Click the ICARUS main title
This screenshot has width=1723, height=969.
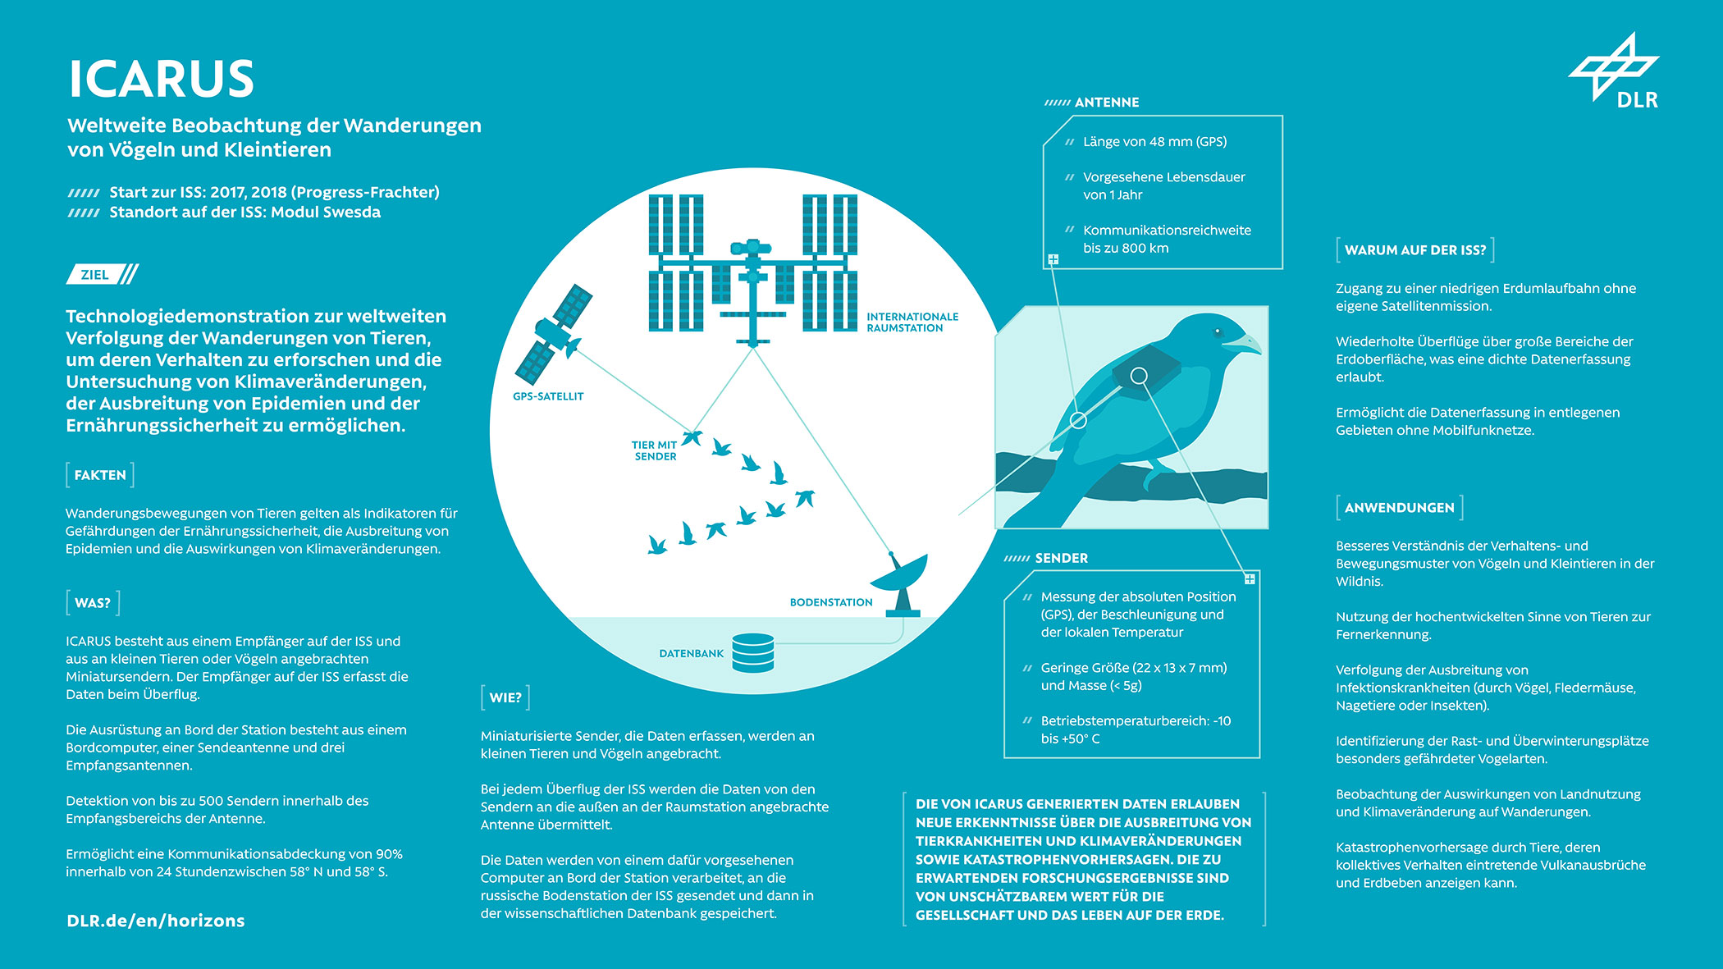[x=161, y=79]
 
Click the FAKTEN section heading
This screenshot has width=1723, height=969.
[x=100, y=475]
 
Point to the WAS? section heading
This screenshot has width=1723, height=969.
[x=93, y=603]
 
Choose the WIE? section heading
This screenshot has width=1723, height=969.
[x=505, y=697]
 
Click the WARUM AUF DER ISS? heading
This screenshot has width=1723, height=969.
[x=1415, y=250]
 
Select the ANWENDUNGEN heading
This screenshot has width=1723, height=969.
[x=1399, y=508]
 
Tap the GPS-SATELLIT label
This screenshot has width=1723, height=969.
[x=548, y=396]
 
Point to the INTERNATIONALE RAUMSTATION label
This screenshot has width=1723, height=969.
[x=912, y=322]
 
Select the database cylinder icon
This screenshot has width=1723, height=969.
[x=753, y=653]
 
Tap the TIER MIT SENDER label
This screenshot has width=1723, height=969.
[x=655, y=450]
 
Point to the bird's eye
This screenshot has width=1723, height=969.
[x=1218, y=333]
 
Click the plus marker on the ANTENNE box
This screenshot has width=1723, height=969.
[x=1053, y=259]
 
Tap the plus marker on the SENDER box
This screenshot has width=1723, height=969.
[x=1250, y=579]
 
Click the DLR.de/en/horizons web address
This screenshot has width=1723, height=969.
[x=156, y=921]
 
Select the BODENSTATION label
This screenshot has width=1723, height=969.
[x=831, y=602]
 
